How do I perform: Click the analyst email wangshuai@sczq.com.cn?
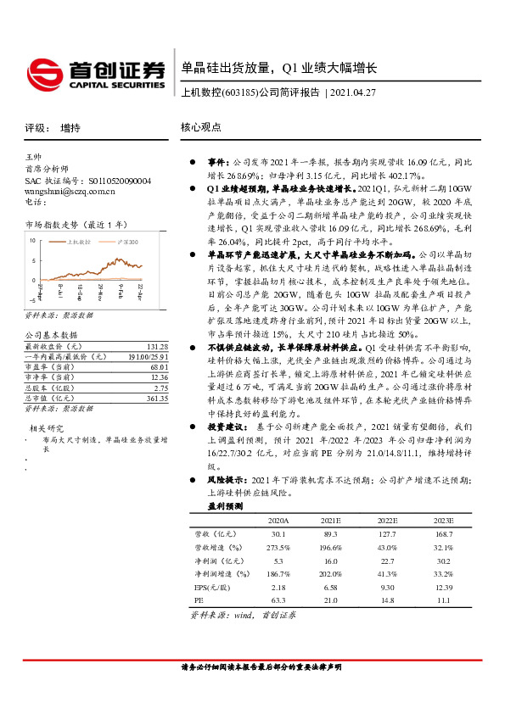[70, 192]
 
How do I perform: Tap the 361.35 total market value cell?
[158, 398]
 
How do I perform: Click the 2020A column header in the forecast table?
[278, 520]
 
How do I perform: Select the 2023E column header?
[443, 520]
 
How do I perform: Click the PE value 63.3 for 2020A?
[278, 600]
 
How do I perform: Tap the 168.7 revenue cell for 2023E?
[443, 533]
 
